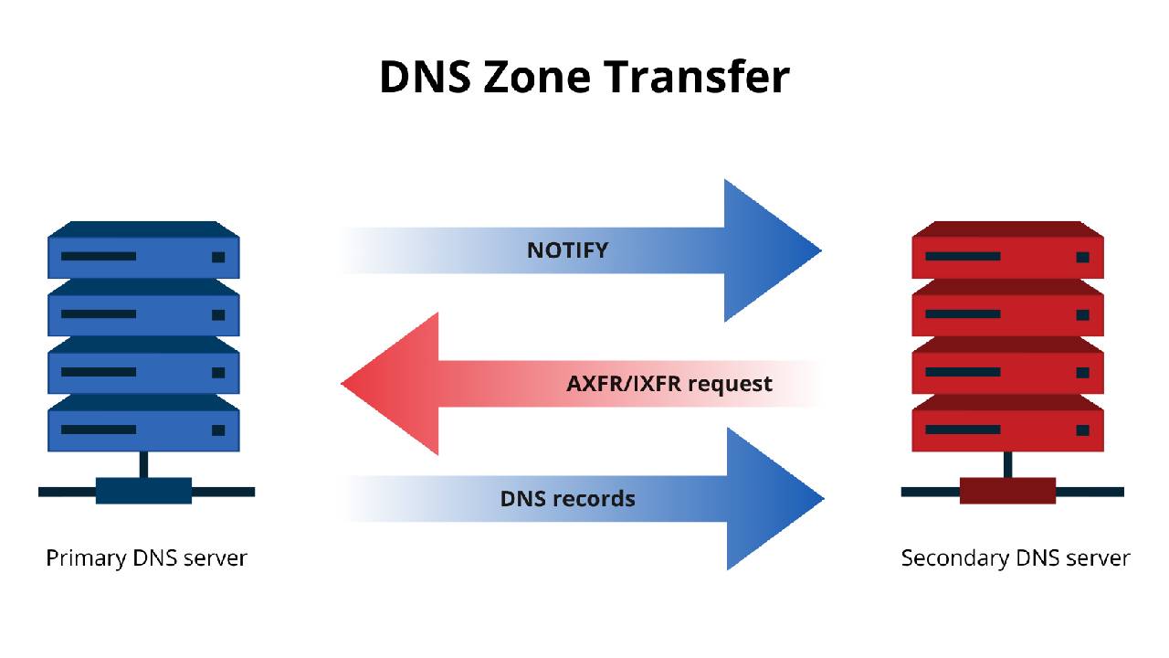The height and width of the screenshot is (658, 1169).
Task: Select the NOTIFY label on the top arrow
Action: click(x=567, y=249)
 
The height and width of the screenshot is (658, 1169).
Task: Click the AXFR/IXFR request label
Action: click(x=669, y=383)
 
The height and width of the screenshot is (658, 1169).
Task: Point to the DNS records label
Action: click(x=567, y=499)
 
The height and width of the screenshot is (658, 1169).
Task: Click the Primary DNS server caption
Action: click(x=146, y=557)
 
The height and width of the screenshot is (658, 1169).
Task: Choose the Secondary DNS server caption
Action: click(x=1016, y=557)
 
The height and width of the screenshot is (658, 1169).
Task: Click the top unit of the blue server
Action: click(x=143, y=256)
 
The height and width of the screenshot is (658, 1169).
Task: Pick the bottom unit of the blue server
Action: click(x=143, y=429)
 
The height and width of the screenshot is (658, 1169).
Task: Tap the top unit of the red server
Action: click(x=1007, y=256)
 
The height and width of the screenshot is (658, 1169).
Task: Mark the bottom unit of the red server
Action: click(x=1007, y=429)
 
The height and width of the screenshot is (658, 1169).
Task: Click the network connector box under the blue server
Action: click(x=143, y=491)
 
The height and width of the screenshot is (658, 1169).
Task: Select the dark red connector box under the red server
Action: click(x=1007, y=491)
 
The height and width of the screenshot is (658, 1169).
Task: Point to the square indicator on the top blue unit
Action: click(x=218, y=257)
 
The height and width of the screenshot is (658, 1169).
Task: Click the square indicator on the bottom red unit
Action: click(x=1082, y=430)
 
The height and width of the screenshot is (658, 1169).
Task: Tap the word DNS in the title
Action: click(x=424, y=77)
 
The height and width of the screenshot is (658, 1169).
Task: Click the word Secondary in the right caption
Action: click(x=946, y=557)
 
